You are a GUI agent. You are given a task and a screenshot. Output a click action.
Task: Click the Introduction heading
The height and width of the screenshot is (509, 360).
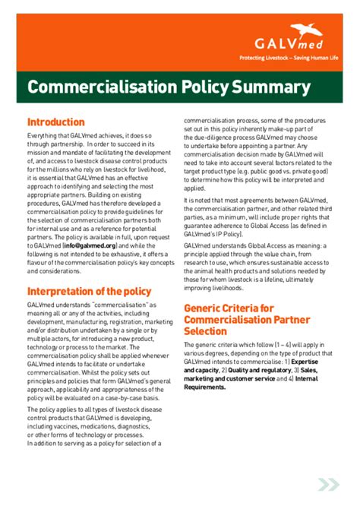click(55, 122)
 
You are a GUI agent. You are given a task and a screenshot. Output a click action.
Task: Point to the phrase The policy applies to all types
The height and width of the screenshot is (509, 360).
click(71, 408)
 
